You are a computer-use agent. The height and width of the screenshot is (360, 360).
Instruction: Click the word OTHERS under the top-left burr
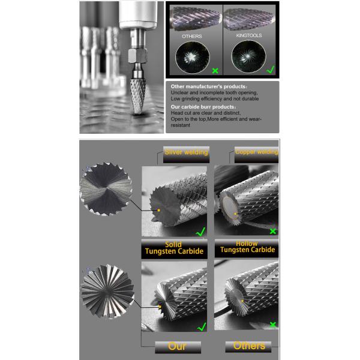point(192,37)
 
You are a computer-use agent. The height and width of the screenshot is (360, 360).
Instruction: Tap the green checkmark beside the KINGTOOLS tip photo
point(270,69)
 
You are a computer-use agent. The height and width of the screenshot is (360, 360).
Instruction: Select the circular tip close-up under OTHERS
point(191,61)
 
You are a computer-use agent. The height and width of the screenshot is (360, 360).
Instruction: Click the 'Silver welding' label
point(186,152)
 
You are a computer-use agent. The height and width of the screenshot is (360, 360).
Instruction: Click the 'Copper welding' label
point(256,152)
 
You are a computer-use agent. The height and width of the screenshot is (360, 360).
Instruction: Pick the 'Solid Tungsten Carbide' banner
point(173,249)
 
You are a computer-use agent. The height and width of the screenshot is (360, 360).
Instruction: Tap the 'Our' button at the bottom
point(178,347)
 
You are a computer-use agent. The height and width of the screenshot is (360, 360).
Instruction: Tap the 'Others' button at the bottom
point(248,347)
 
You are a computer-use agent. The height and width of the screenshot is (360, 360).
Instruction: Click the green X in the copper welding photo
point(273,231)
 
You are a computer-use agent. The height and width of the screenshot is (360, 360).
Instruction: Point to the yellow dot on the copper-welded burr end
point(236,213)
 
